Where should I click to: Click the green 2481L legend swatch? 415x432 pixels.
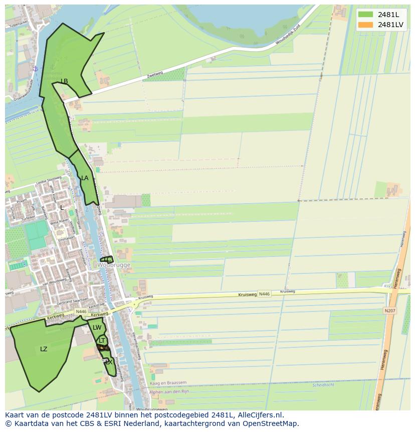click(366, 15)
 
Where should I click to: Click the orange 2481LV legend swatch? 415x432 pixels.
click(366, 25)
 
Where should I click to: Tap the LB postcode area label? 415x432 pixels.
click(64, 81)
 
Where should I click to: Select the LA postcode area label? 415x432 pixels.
click(85, 178)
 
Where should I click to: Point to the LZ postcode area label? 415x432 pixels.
click(44, 349)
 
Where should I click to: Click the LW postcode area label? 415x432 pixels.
click(97, 328)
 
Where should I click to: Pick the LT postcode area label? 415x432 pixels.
click(102, 340)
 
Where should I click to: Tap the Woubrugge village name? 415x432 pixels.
click(114, 265)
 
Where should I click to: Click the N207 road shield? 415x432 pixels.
click(389, 311)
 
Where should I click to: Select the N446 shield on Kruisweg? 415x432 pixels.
click(264, 294)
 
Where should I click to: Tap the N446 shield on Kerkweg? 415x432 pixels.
click(81, 312)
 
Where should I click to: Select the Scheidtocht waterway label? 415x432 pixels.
click(323, 385)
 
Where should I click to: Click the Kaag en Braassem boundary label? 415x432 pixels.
click(168, 383)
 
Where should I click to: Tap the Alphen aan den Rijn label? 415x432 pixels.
click(169, 391)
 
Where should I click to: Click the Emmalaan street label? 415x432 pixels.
click(67, 239)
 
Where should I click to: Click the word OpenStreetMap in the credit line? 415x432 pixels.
click(271, 423)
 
